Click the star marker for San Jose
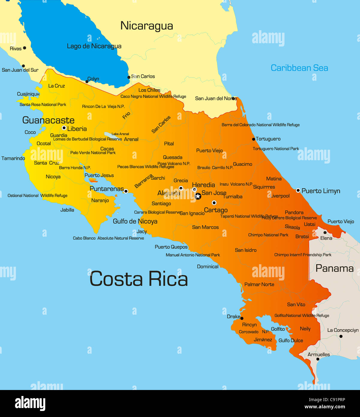point(198,196)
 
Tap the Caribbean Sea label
point(299,68)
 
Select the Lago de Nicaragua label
point(94,46)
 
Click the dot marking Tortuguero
point(254,139)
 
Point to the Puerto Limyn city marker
point(298,190)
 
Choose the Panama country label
point(335,268)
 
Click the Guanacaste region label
point(48,120)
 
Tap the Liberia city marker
point(64,128)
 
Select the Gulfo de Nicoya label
point(135,221)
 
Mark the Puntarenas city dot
point(126,191)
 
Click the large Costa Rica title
point(138,279)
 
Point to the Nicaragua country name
point(147,26)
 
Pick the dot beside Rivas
point(25,48)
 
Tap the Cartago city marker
point(214,203)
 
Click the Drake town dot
point(242,318)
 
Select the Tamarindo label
point(13,158)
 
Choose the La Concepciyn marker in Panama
point(341,336)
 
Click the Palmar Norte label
point(259,284)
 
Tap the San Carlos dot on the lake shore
point(129,77)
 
